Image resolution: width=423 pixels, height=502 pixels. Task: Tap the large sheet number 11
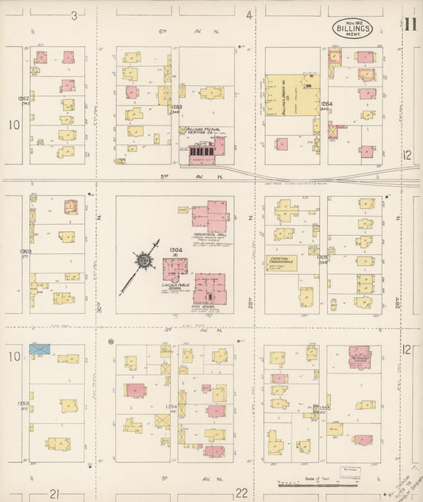410,23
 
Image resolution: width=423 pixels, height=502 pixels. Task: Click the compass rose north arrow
144,260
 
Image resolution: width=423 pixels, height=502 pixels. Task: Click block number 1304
174,249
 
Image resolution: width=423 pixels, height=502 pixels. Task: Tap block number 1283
176,106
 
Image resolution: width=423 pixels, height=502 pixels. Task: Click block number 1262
23,98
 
